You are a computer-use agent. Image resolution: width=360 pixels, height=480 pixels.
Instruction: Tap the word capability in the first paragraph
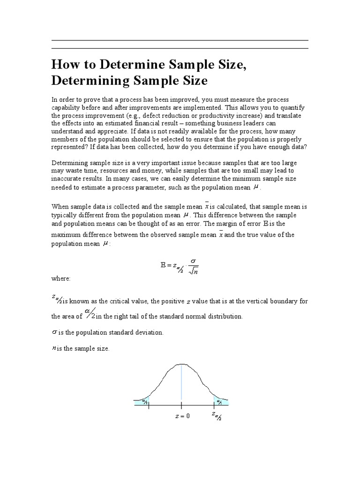(x=67, y=107)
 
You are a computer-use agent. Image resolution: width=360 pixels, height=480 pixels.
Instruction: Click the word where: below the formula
(x=60, y=278)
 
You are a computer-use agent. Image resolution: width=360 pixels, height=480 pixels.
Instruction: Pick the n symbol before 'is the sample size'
(x=53, y=348)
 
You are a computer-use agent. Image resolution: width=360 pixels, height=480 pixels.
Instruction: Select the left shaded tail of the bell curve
(x=142, y=401)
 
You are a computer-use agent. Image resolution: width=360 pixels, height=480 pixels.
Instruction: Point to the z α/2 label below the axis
(x=216, y=416)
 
